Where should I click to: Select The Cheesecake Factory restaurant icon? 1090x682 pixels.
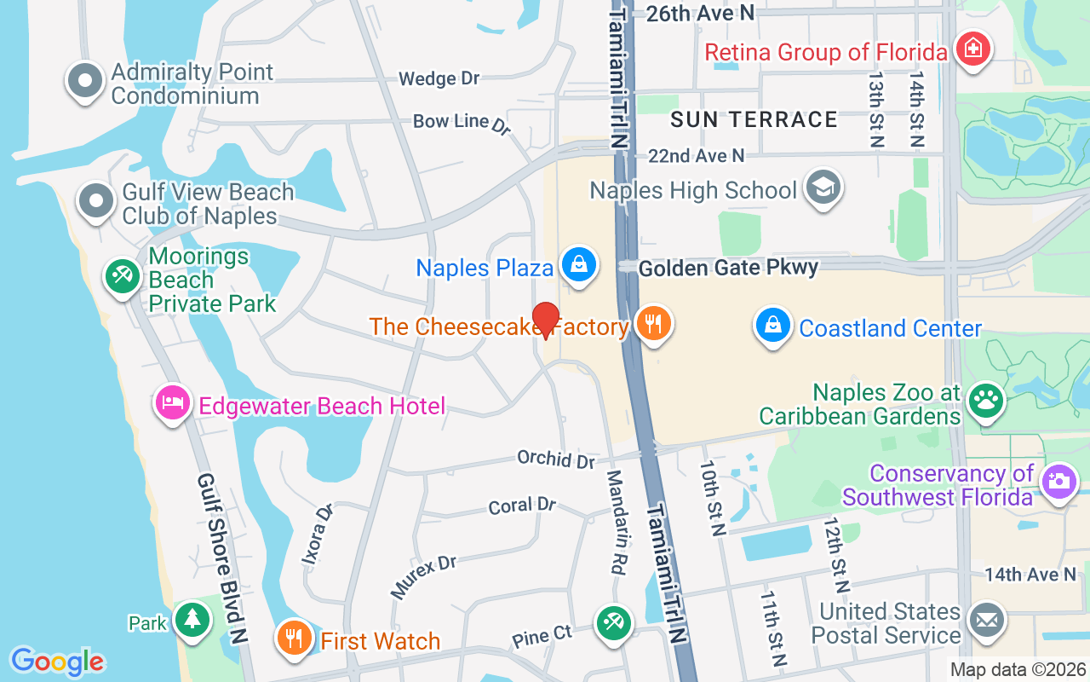pyautogui.click(x=653, y=324)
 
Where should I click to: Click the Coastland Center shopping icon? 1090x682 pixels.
pyautogui.click(x=773, y=326)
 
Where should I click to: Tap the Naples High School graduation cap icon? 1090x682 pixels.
pyautogui.click(x=823, y=188)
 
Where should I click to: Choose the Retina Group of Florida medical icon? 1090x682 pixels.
pyautogui.click(x=971, y=49)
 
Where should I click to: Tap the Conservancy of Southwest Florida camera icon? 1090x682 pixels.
pyautogui.click(x=1058, y=480)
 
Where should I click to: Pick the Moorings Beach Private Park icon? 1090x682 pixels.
pyautogui.click(x=123, y=275)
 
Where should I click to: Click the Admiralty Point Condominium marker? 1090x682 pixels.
pyautogui.click(x=84, y=81)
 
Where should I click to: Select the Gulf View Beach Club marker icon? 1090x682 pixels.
pyautogui.click(x=96, y=201)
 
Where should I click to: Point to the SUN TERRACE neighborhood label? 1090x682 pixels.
pyautogui.click(x=754, y=119)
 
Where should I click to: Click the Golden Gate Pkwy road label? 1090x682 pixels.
pyautogui.click(x=728, y=268)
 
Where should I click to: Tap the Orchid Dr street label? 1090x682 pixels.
pyautogui.click(x=556, y=459)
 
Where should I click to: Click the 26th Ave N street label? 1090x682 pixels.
pyautogui.click(x=700, y=13)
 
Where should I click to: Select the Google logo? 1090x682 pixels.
pyautogui.click(x=57, y=661)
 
